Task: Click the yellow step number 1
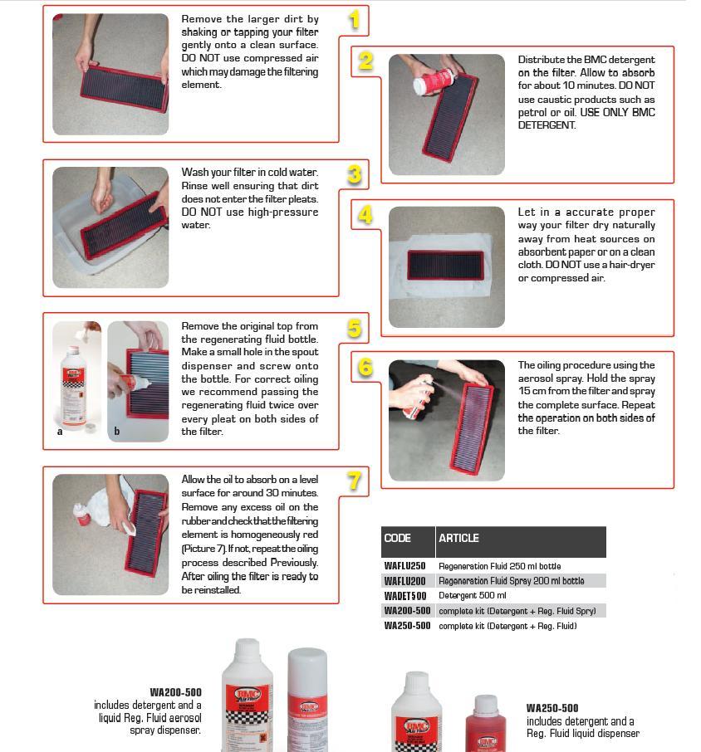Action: (355, 20)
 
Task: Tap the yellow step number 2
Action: (365, 61)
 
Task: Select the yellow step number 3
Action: (355, 174)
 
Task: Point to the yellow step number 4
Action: (365, 216)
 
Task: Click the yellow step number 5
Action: (355, 329)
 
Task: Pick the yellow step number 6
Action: (365, 368)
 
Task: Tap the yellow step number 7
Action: (355, 481)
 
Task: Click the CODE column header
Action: (398, 539)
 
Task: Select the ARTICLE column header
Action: (458, 539)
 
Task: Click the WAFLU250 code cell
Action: (404, 566)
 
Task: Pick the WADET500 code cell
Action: (404, 596)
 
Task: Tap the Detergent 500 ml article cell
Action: (472, 596)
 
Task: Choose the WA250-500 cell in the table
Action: (407, 626)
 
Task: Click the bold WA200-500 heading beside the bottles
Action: (175, 692)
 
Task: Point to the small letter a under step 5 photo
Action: (60, 432)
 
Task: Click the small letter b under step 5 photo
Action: (116, 432)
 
